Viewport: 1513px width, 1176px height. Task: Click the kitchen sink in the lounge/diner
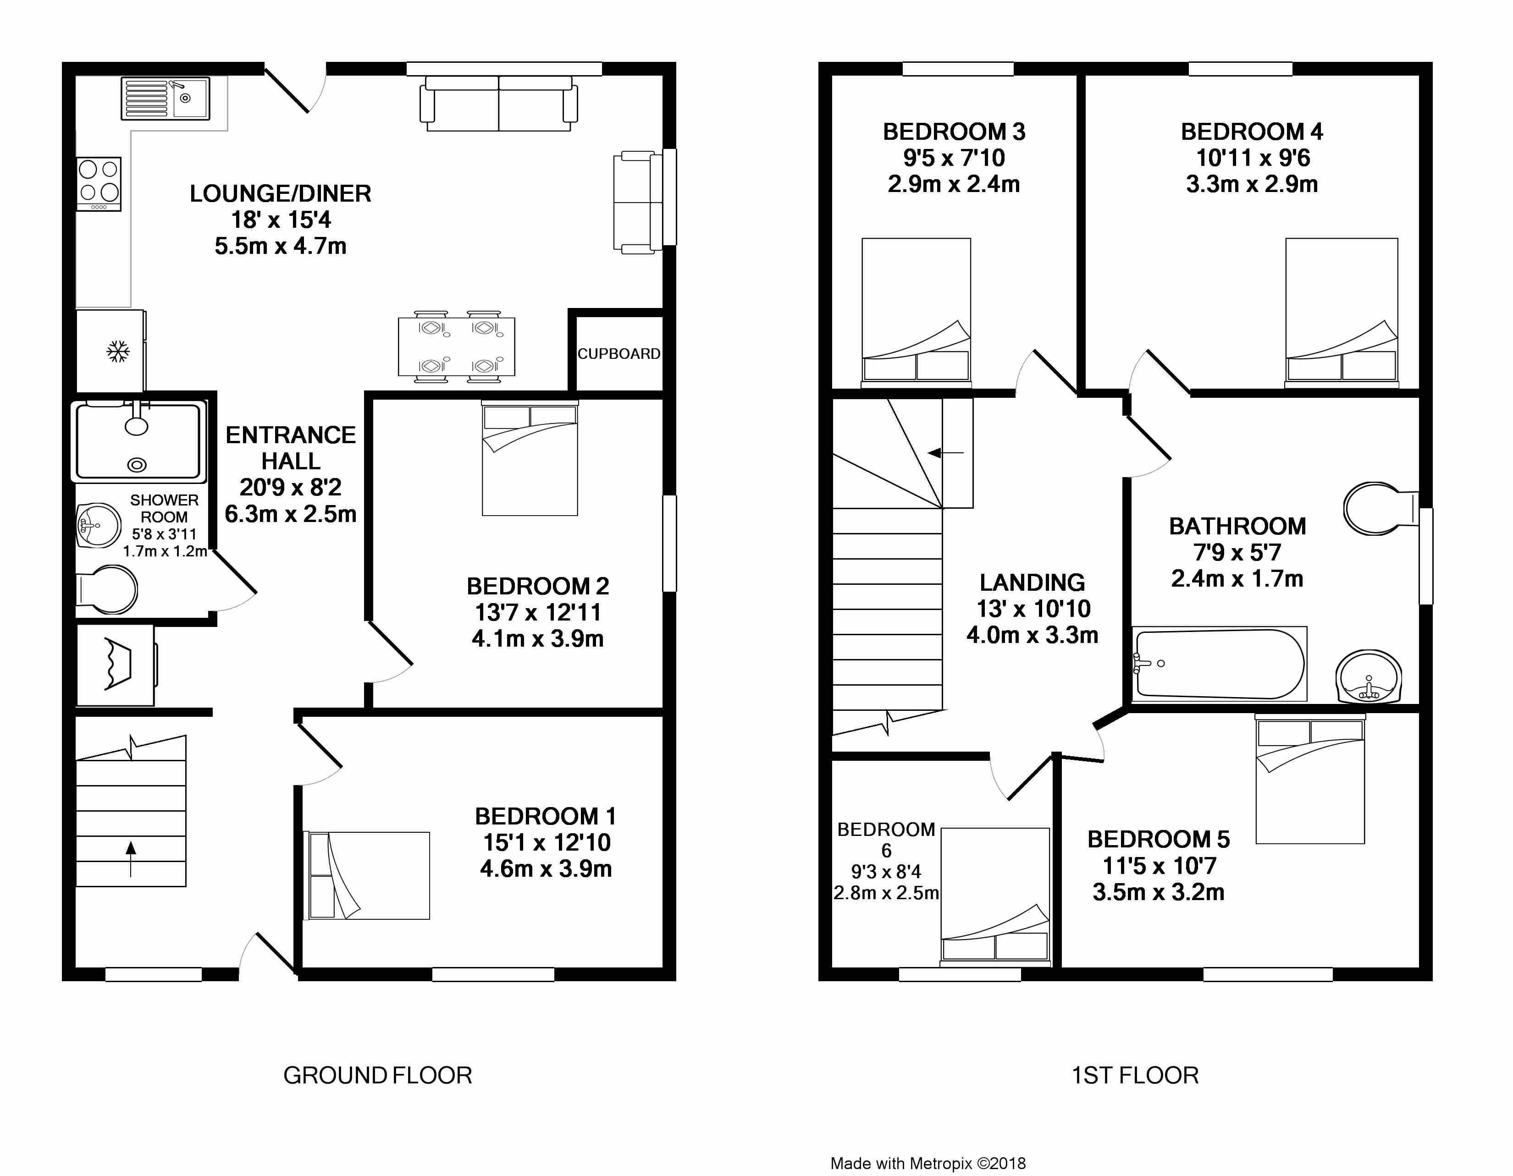165,99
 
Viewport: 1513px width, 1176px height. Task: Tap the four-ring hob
99,184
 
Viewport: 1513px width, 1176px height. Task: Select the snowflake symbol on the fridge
118,351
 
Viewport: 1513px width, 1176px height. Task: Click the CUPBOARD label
618,354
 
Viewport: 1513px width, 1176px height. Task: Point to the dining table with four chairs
457,346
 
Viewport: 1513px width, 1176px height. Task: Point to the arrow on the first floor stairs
945,453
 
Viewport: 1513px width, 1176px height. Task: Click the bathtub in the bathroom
1219,664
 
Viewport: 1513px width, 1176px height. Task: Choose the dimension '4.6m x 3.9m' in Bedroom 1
546,868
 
